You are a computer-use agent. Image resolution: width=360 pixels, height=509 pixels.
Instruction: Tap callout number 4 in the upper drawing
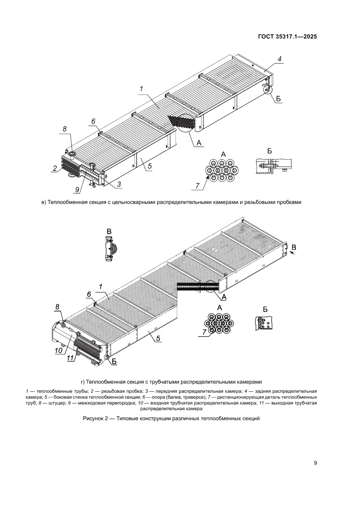tap(280, 59)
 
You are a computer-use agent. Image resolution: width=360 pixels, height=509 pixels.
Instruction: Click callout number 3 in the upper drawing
tap(118, 185)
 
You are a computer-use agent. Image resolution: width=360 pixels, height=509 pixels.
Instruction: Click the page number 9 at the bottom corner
tap(315, 463)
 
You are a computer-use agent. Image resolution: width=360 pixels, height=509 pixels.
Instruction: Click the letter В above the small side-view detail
tap(109, 231)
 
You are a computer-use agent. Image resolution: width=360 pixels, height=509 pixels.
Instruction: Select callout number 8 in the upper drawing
tap(64, 129)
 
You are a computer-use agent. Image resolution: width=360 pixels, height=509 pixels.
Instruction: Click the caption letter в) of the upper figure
tap(43, 202)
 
